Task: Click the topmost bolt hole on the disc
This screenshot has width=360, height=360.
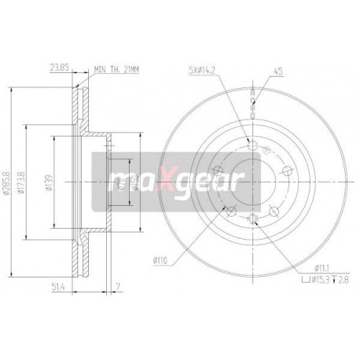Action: pyautogui.click(x=252, y=144)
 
